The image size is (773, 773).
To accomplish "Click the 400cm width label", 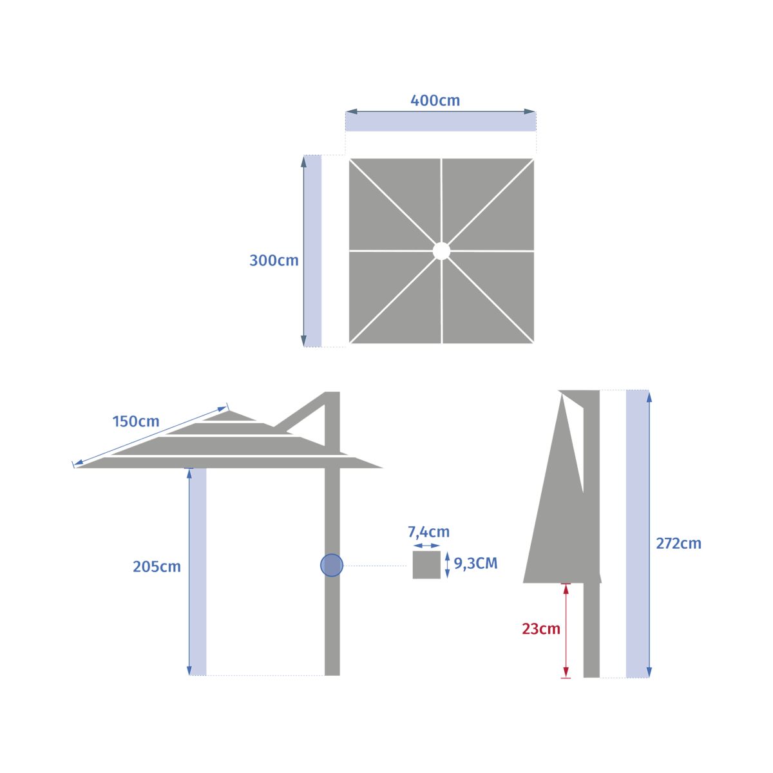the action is click(x=435, y=100).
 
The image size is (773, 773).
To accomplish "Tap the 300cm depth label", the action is click(x=274, y=260).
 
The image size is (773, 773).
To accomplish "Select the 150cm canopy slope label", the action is click(x=135, y=421).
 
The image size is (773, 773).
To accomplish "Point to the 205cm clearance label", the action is click(x=157, y=566).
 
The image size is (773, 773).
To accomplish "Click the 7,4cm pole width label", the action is click(x=428, y=532).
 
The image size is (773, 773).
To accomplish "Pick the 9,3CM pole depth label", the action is click(x=475, y=564).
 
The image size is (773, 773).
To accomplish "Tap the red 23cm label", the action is click(x=540, y=629).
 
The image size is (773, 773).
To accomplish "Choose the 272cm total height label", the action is click(x=678, y=544).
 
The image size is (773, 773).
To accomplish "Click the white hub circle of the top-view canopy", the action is click(x=441, y=251).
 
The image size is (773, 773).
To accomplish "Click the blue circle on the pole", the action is click(x=332, y=565).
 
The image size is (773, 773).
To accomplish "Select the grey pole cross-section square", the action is click(x=426, y=565).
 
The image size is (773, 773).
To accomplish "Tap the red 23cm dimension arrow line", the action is click(x=566, y=631).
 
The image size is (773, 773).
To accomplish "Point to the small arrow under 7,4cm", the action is click(x=426, y=546).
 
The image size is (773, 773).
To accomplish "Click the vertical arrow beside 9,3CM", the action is click(x=448, y=565).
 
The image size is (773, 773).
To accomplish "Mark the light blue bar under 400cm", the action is click(x=441, y=122).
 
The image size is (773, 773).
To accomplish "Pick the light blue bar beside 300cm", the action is click(x=312, y=251).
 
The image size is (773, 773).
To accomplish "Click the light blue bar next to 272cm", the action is click(x=637, y=534).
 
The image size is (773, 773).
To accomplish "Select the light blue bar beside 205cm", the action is click(x=198, y=571).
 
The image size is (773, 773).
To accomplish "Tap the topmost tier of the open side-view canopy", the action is click(x=229, y=415).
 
